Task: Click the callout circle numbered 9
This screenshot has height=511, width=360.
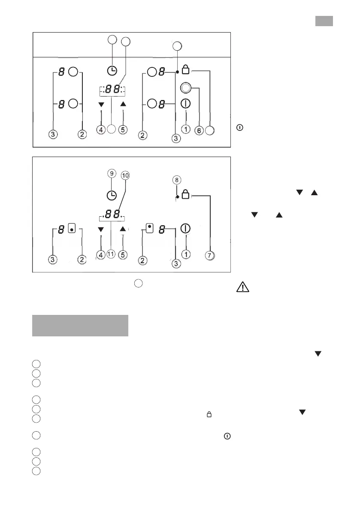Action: (112, 173)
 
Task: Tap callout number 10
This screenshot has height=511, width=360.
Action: (125, 175)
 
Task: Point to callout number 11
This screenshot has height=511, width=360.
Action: (111, 254)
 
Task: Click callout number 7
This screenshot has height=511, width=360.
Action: (209, 255)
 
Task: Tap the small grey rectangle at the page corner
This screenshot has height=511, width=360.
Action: (324, 21)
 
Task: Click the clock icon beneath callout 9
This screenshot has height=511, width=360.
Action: (112, 195)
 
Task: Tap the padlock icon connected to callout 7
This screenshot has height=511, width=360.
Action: (186, 195)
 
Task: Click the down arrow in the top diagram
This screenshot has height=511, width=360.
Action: (101, 105)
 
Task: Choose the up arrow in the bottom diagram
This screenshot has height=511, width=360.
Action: (123, 229)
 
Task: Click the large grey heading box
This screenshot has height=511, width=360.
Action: (80, 326)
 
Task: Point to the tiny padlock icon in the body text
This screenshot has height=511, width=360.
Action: (209, 414)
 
